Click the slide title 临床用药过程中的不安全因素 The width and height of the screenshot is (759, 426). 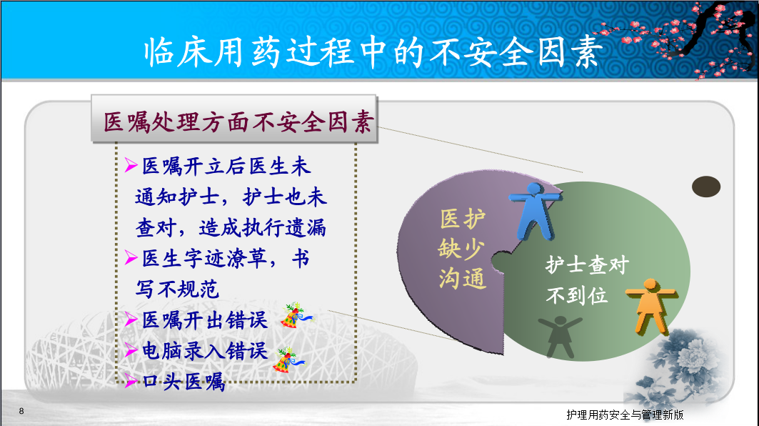373,52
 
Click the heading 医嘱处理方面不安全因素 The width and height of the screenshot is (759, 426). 238,122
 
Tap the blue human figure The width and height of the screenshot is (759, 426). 535,210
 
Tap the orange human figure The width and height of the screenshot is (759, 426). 650,306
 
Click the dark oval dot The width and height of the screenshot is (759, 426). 705,187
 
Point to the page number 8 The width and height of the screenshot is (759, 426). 21,411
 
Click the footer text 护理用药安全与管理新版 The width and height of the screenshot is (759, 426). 625,415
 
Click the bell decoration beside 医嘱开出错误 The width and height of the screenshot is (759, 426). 296,316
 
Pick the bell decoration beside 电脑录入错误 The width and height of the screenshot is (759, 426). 288,360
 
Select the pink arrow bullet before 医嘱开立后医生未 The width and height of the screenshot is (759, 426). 131,165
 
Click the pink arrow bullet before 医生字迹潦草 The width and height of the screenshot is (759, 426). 131,257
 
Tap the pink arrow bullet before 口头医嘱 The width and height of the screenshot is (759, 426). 131,380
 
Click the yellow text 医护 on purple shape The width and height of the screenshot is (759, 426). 462,219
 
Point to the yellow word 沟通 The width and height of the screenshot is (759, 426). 462,279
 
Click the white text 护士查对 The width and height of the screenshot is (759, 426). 587,264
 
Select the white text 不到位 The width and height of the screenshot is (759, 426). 576,294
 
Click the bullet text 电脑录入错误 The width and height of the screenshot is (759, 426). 205,350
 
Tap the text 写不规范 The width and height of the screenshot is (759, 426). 177,289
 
